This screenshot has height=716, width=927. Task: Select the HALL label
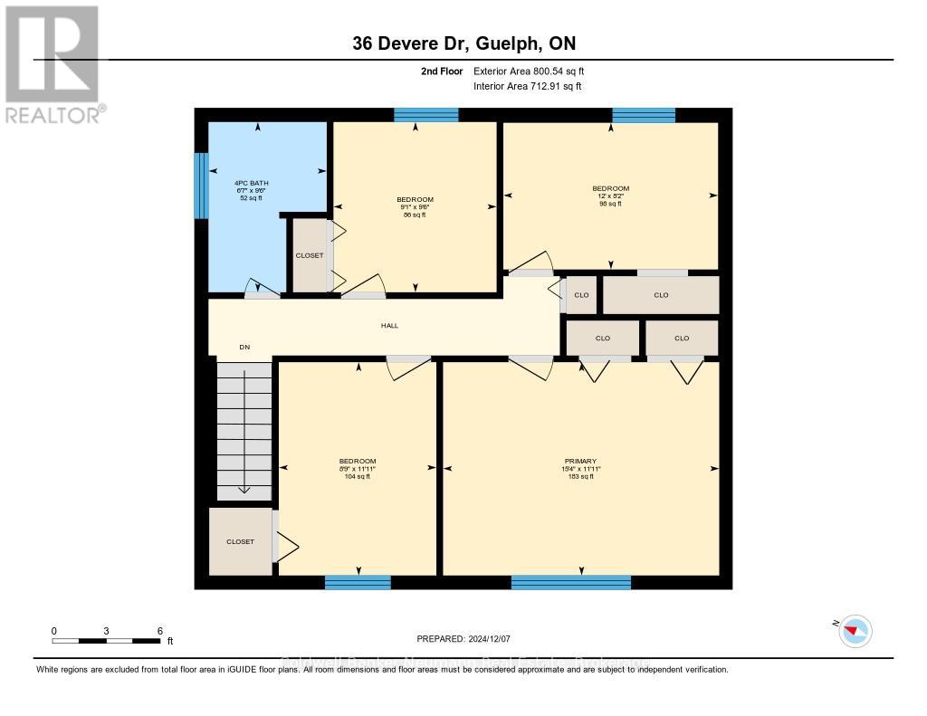(x=389, y=326)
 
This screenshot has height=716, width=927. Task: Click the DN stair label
(x=244, y=348)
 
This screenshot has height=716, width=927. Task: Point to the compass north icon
(x=855, y=631)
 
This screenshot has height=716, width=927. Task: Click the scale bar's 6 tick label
(x=159, y=631)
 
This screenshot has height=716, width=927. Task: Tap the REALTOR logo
(x=53, y=63)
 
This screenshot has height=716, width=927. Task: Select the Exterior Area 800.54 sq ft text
(x=535, y=71)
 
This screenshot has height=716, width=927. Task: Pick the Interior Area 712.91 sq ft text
(x=528, y=86)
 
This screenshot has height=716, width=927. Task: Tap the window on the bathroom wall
(x=201, y=185)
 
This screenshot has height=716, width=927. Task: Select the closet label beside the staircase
(x=240, y=541)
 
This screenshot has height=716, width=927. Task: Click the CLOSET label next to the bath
(x=310, y=256)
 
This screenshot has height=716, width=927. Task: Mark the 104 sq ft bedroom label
(x=357, y=469)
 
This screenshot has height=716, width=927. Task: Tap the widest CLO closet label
(x=661, y=295)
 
